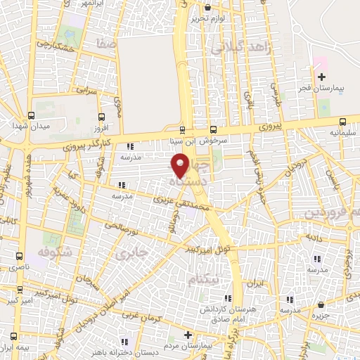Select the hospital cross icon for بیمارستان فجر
[322, 76]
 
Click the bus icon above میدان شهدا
[30, 116]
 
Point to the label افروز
[103, 129]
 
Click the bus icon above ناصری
[19, 256]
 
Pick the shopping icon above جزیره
[321, 305]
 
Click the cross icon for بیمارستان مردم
[187, 335]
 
